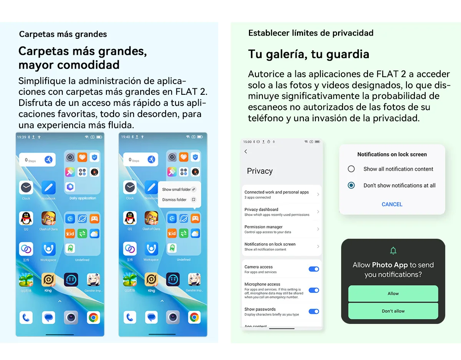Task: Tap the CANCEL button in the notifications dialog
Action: [x=392, y=204]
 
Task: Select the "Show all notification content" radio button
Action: [x=351, y=169]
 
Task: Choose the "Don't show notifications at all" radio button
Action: [x=351, y=185]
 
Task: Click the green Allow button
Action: [x=393, y=294]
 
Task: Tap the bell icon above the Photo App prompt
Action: [x=393, y=251]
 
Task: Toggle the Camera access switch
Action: [x=313, y=269]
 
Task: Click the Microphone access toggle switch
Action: [x=313, y=290]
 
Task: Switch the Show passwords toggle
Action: [x=313, y=311]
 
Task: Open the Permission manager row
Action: [x=282, y=229]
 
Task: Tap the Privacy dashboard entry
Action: [x=282, y=212]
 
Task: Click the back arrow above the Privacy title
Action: [x=246, y=152]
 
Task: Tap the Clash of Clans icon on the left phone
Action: [x=48, y=218]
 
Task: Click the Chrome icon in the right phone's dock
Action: [x=194, y=317]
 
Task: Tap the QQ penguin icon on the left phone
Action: [x=26, y=218]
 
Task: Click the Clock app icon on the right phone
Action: [x=130, y=188]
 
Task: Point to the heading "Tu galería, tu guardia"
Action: [x=308, y=54]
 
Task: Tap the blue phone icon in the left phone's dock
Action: [x=26, y=317]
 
